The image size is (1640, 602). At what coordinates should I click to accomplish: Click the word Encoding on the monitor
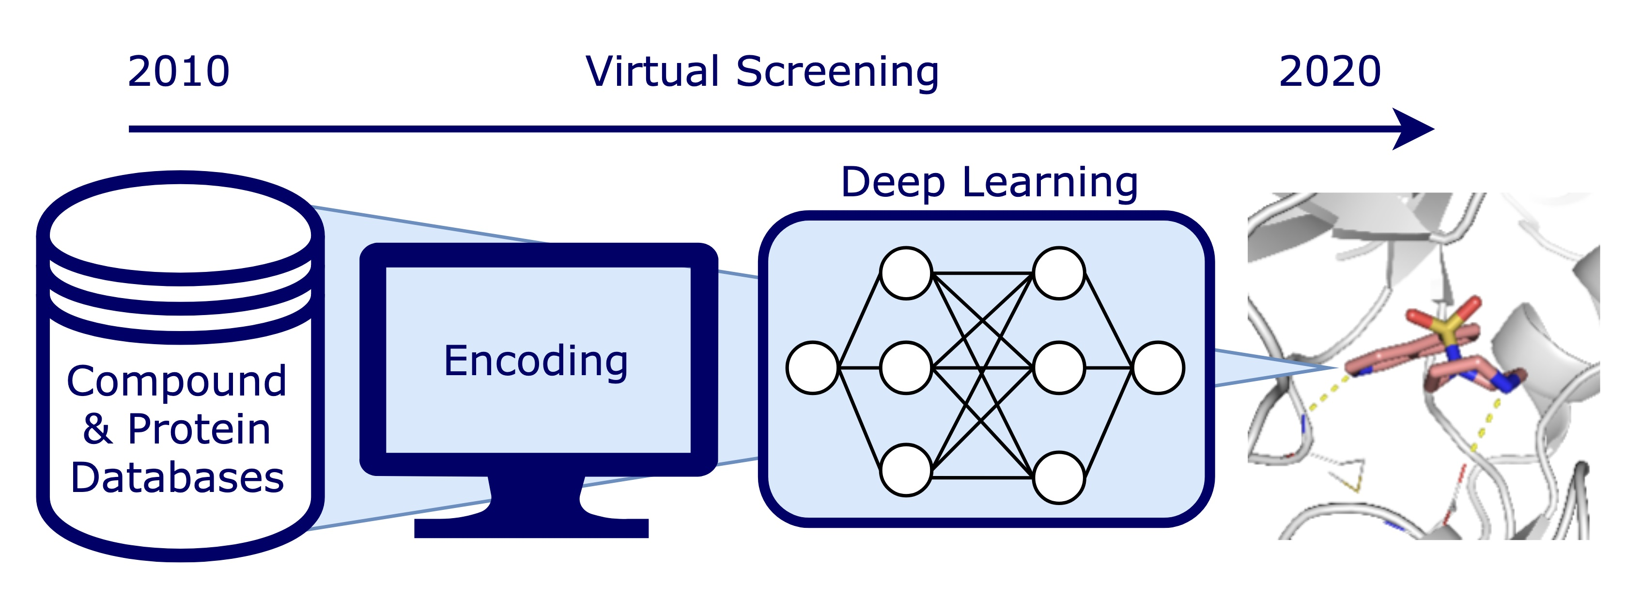(x=536, y=361)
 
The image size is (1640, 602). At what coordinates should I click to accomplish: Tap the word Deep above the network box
(x=893, y=183)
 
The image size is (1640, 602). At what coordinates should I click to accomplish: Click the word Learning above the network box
(x=1051, y=183)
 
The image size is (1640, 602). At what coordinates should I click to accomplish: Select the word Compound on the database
(x=176, y=381)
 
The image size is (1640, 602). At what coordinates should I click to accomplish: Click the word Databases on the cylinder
(x=177, y=478)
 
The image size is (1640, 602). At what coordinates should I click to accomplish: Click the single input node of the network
(x=812, y=367)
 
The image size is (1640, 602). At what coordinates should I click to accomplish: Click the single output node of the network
(x=1159, y=367)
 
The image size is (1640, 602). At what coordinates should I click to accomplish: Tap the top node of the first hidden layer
(x=906, y=273)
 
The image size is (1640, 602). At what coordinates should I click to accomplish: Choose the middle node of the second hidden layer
(x=1059, y=367)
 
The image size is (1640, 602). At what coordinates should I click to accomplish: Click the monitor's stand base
(x=531, y=527)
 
